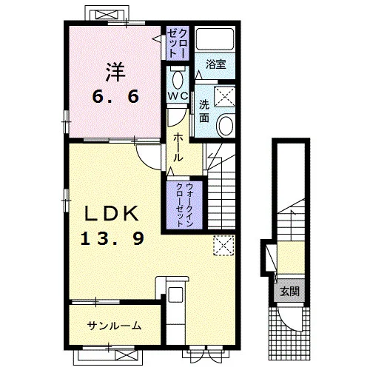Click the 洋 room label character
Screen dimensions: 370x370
click(x=115, y=72)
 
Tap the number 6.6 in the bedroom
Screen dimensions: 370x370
click(x=115, y=96)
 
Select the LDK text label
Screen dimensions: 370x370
click(x=111, y=214)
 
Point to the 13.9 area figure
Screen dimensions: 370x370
click(x=112, y=238)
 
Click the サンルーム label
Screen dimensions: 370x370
click(x=114, y=326)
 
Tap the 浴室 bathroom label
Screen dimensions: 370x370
click(x=216, y=64)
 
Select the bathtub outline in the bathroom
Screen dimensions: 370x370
click(x=215, y=39)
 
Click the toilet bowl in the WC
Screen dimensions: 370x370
click(x=178, y=79)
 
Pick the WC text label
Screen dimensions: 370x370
click(x=178, y=96)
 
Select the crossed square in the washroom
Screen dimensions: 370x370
click(x=224, y=97)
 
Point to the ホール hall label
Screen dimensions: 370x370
click(x=178, y=147)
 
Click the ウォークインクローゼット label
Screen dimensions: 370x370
click(x=184, y=205)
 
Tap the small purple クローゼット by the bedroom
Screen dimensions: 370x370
click(x=178, y=44)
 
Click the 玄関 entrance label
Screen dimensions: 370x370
click(x=289, y=292)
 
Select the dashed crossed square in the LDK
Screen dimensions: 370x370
click(x=223, y=246)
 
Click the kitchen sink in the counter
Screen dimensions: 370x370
click(x=175, y=295)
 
